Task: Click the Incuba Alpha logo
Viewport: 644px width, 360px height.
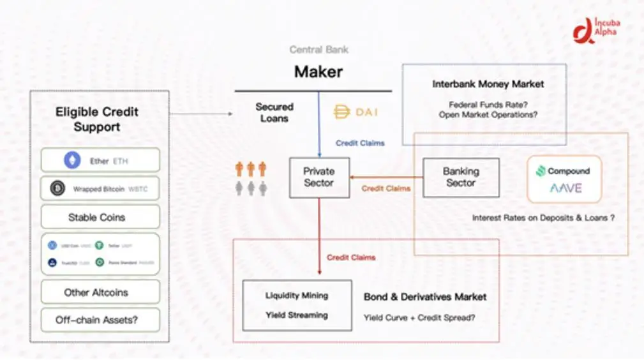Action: coord(597,29)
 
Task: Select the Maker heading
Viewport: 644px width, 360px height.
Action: coord(318,71)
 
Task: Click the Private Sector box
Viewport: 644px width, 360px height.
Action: coord(318,177)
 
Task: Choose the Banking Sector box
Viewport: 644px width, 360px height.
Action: coord(461,177)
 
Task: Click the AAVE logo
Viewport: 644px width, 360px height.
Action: coord(565,188)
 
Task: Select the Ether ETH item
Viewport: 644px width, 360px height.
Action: coord(100,161)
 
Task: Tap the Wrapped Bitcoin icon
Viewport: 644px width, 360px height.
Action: coord(58,189)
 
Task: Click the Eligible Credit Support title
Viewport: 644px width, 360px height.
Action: coord(97,119)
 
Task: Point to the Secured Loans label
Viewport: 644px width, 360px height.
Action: coord(274,112)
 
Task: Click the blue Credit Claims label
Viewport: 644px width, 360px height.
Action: coord(360,143)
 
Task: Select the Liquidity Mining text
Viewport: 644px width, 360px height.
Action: coord(297,296)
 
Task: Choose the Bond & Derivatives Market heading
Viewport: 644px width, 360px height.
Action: coord(425,297)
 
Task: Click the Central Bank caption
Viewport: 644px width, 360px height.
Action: coord(318,50)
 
